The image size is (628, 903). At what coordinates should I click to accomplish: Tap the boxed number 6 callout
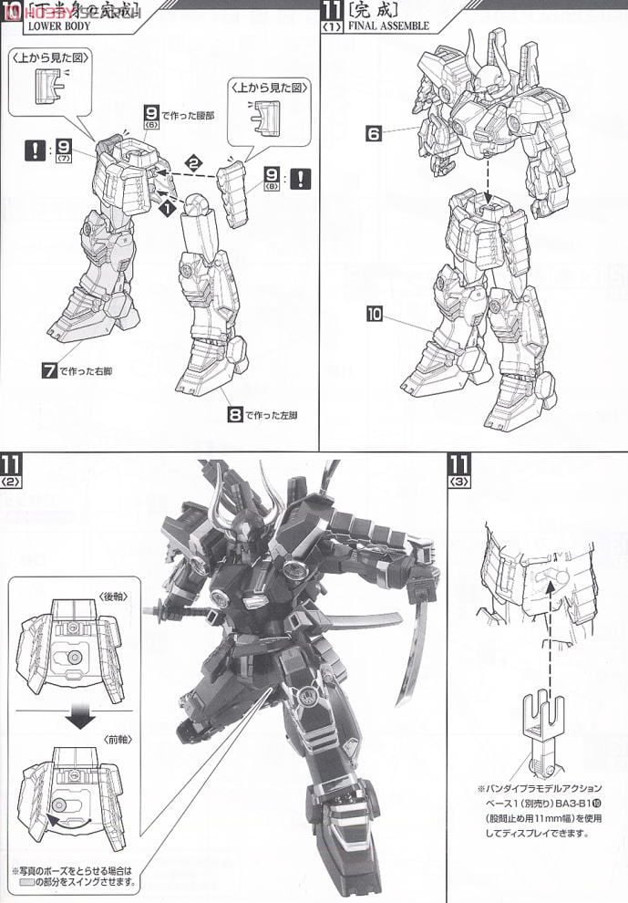374,133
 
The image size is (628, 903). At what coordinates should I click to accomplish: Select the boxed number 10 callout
374,314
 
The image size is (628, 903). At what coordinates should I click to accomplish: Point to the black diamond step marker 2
192,161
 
